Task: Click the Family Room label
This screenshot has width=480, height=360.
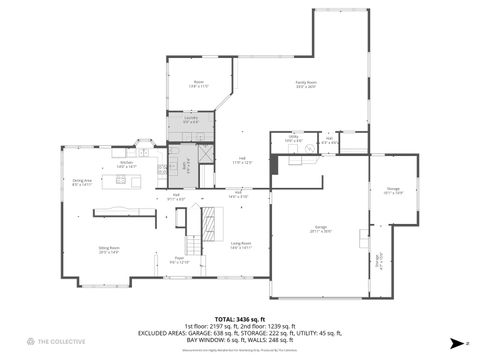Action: coord(305,84)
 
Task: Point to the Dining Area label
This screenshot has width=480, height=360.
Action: coord(82,182)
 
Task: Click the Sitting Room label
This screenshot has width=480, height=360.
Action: coord(109,250)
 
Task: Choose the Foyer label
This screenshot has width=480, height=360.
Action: coord(180,259)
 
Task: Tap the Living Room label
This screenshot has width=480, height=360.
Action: coord(240,245)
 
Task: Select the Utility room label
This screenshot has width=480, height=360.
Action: coord(291,140)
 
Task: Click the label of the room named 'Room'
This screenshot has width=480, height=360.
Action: coord(198,84)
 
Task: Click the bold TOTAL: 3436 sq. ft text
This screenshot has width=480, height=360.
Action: coord(240,318)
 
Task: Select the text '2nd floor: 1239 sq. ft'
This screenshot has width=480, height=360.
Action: coord(267,325)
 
